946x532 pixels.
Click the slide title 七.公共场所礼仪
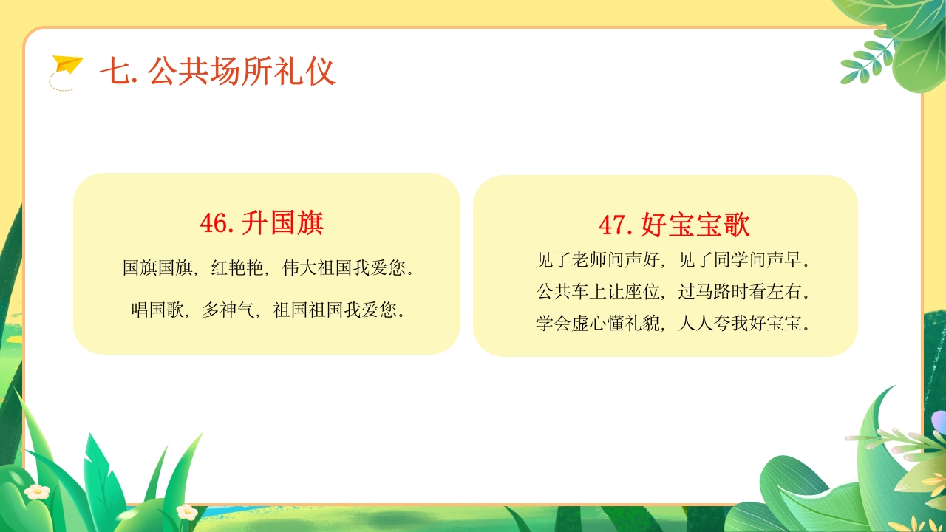[x=217, y=72]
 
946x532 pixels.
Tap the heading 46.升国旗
[x=262, y=222]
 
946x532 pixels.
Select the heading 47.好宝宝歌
[x=674, y=225]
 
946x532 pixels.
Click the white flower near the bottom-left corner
[x=36, y=491]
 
